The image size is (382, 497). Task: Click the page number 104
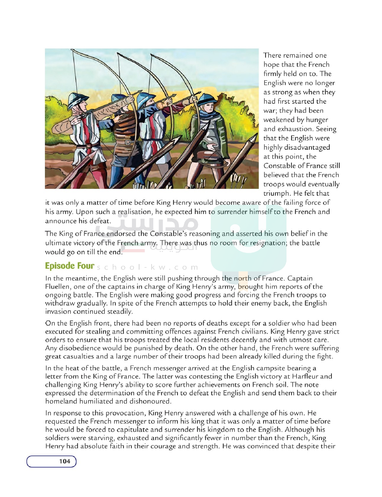[x=64, y=461]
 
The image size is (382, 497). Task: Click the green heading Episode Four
[x=70, y=266]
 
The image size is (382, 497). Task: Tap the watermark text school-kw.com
[x=147, y=267]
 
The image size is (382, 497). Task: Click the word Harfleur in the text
[x=305, y=376]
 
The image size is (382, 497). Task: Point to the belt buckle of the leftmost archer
[x=89, y=146]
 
